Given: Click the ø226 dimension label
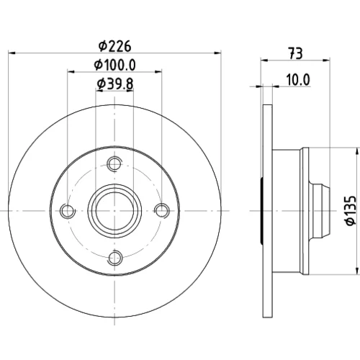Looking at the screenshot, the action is pyautogui.click(x=115, y=46).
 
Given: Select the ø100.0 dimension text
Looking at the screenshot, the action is pyautogui.click(x=115, y=65).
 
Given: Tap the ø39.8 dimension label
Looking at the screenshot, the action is pyautogui.click(x=115, y=84).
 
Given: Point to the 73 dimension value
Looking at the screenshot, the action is pyautogui.click(x=295, y=53).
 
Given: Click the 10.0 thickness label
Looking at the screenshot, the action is pyautogui.click(x=298, y=80).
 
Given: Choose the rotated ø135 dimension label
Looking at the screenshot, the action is pyautogui.click(x=351, y=211).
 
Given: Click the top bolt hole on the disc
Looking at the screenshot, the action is pyautogui.click(x=114, y=163).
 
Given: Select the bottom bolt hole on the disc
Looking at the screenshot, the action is pyautogui.click(x=115, y=258).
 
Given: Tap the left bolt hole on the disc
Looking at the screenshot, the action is pyautogui.click(x=68, y=211).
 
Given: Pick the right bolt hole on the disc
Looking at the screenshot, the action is pyautogui.click(x=162, y=210).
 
